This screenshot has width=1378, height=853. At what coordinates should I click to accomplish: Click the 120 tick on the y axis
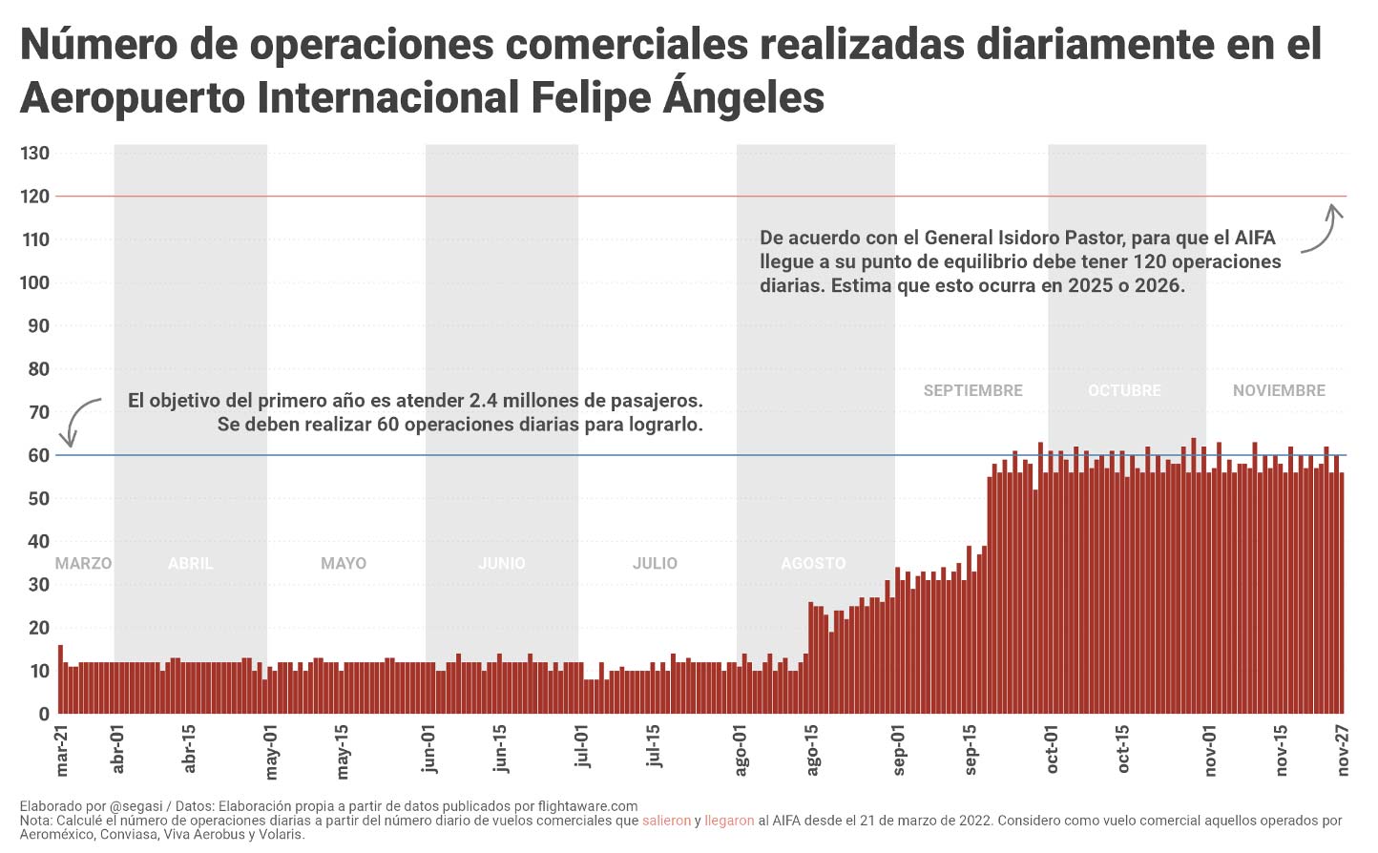click(35, 197)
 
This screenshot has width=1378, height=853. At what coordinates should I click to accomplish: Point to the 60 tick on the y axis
click(39, 455)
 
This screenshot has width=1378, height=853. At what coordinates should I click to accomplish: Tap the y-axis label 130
click(35, 154)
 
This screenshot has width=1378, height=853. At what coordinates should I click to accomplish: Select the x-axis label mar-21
click(63, 750)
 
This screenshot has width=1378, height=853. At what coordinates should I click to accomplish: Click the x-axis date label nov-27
click(1343, 750)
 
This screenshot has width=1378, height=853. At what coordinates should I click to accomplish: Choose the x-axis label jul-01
click(581, 747)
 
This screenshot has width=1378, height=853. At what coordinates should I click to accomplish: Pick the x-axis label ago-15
click(812, 750)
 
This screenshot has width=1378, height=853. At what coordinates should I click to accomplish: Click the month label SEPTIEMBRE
click(972, 390)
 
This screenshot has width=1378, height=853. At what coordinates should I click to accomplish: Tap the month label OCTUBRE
click(1124, 390)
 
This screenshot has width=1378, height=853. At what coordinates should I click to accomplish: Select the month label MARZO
click(83, 563)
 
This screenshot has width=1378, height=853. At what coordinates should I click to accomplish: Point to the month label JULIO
click(655, 563)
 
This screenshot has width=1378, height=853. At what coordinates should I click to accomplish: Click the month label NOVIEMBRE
click(1279, 390)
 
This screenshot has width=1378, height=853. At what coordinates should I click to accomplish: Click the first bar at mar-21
click(60, 679)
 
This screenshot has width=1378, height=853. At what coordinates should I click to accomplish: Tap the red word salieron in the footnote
click(666, 821)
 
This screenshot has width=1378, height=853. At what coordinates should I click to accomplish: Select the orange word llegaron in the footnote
click(729, 821)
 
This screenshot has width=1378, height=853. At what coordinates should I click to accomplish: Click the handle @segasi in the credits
click(138, 806)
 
